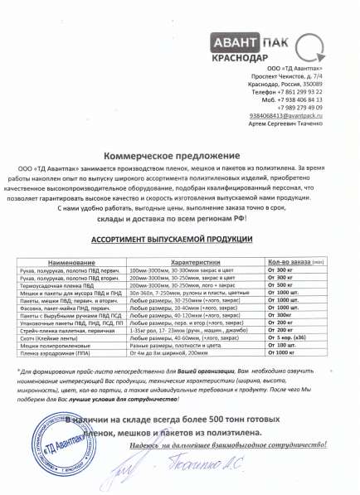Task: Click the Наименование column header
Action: [71, 238]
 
